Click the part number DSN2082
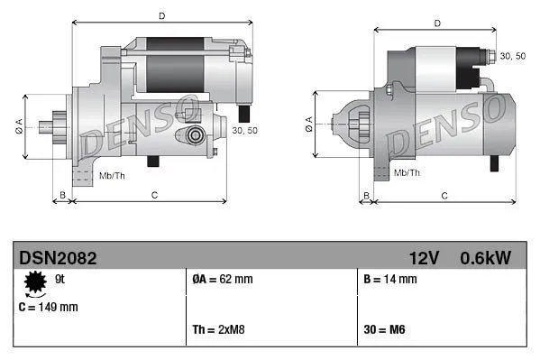pos(58,258)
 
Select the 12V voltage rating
pos(424,258)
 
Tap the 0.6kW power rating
pos(485,258)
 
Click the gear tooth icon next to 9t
pos(36,283)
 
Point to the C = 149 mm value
pos(49,307)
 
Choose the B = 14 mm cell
pos(389,280)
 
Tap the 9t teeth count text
pos(60,280)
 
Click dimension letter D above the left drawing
pos(161,15)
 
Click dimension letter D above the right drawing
pos(436,23)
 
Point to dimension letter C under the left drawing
pos(154,194)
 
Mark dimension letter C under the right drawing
pos(444,194)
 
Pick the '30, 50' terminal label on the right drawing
pos(513,57)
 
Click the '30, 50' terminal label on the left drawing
pos(244,130)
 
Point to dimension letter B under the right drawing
pos(366,194)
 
